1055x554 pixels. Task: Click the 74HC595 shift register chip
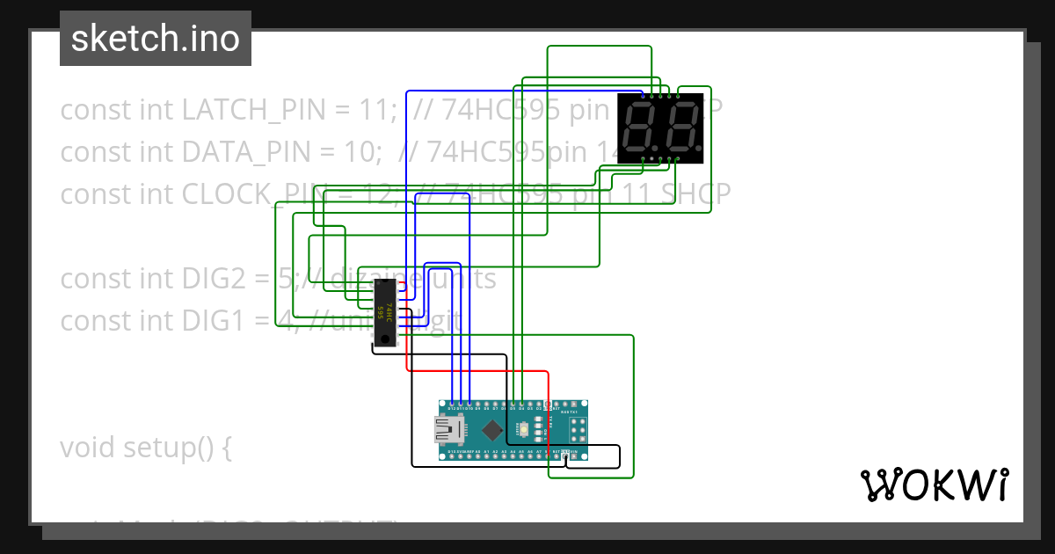(x=384, y=314)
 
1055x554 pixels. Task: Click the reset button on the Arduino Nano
(x=523, y=430)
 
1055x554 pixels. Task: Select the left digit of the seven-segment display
(x=640, y=128)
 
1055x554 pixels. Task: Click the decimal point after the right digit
(x=699, y=148)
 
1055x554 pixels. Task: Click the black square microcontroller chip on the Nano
(x=493, y=431)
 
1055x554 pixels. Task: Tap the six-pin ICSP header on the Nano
(x=578, y=430)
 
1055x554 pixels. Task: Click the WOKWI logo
(x=935, y=485)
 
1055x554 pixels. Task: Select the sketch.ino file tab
(x=156, y=39)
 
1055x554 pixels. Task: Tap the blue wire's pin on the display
(x=643, y=94)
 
